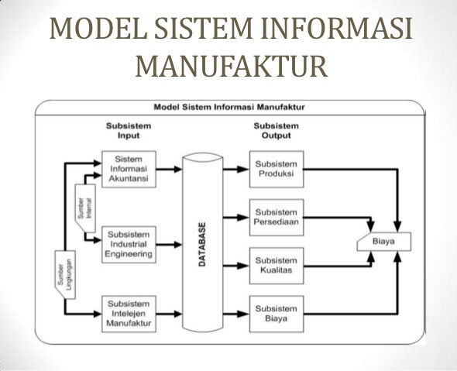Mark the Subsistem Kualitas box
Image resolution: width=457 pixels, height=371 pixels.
pos(276,263)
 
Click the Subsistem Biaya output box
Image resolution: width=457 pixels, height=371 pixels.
pos(276,313)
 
